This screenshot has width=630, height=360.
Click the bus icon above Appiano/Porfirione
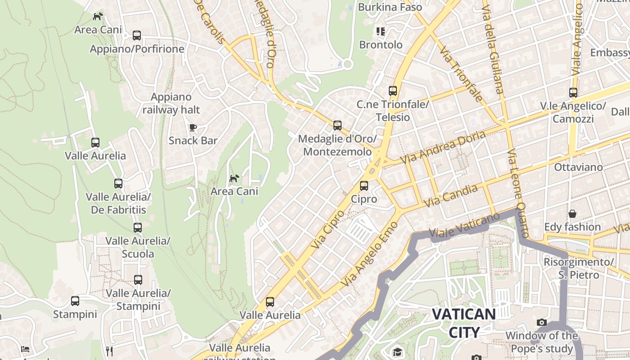[x=137, y=36]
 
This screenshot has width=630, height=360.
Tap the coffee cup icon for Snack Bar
[x=193, y=127]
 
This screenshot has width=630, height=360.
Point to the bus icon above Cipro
[x=364, y=185]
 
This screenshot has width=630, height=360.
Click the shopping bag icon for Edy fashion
[x=572, y=214]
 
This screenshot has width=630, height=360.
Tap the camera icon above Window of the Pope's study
[x=542, y=323]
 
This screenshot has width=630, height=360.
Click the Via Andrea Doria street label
[x=443, y=147]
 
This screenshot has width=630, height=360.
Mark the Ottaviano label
[x=578, y=167]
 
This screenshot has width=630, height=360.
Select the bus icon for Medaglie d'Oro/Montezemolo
[x=337, y=126]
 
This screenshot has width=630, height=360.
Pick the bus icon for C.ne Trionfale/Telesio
[x=393, y=91]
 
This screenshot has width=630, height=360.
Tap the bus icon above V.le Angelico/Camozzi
[x=573, y=93]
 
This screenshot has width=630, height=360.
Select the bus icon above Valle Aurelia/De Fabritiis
[x=118, y=184]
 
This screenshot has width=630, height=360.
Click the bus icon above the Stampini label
[x=75, y=301]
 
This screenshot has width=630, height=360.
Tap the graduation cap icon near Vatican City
[x=397, y=352]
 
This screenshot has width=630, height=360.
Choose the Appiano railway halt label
[x=171, y=103]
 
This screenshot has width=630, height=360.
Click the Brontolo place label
[x=381, y=45]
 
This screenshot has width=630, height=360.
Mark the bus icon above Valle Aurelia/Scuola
[x=138, y=228]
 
